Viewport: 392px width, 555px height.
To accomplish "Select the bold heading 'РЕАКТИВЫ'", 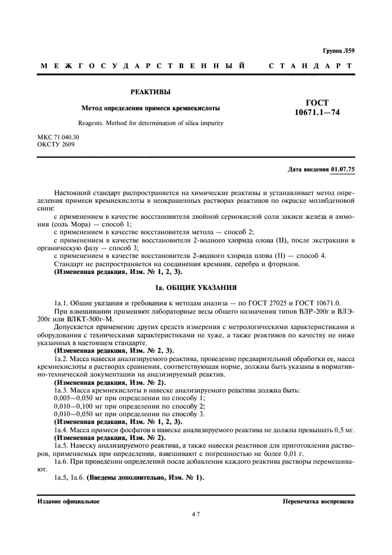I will tap(150, 92).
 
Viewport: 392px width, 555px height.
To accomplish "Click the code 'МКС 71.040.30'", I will tap(58, 137).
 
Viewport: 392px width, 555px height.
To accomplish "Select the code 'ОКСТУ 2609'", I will tap(56, 144).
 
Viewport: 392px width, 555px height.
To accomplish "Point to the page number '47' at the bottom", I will tap(196, 514).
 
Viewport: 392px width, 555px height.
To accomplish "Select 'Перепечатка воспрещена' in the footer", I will tap(318, 501).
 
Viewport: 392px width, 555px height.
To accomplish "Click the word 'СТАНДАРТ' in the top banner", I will tap(312, 65).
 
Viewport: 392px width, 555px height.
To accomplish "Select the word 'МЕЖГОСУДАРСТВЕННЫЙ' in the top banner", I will tap(142, 65).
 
